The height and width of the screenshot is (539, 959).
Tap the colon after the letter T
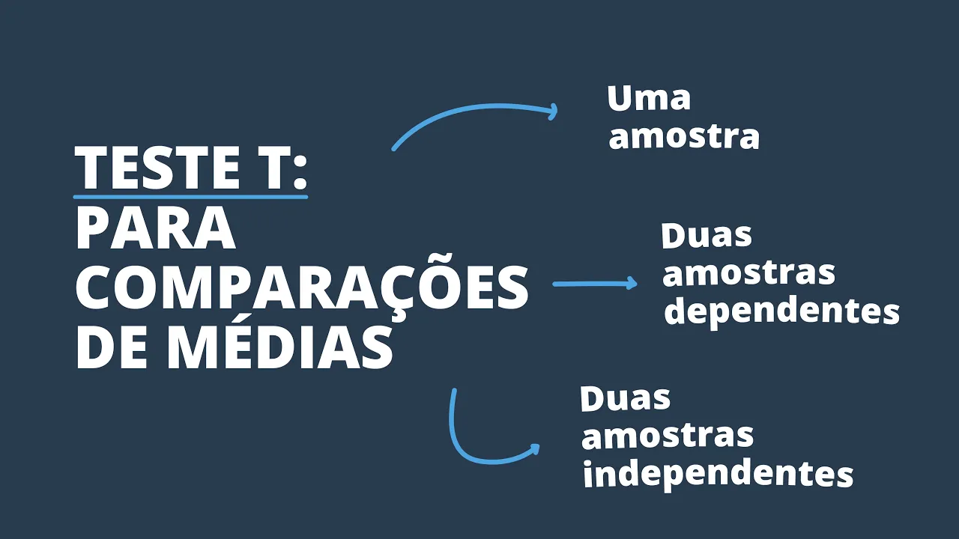[x=300, y=169]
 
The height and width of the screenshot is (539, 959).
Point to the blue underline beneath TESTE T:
[x=190, y=197]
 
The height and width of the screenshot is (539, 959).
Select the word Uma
[x=649, y=99]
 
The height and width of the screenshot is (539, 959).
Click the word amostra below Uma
[x=684, y=137]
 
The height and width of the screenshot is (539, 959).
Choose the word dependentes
[x=781, y=311]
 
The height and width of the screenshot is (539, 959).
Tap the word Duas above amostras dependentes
[x=707, y=236]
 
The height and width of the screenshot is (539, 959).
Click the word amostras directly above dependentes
[x=748, y=273]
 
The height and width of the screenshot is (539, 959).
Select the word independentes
[x=718, y=474]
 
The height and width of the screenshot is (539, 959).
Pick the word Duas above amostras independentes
[x=625, y=398]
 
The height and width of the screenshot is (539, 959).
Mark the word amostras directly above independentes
[x=667, y=436]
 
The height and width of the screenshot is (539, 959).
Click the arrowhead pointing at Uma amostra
[x=553, y=112]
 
